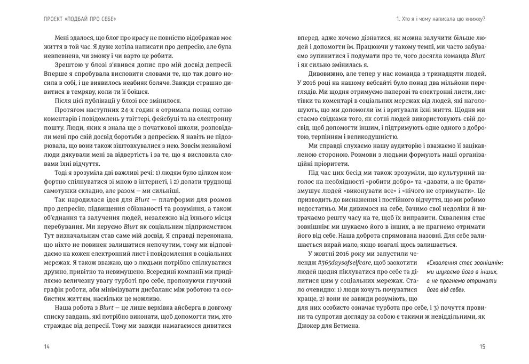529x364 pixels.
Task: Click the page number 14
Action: click(x=48, y=347)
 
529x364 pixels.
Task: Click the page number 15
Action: click(x=482, y=347)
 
